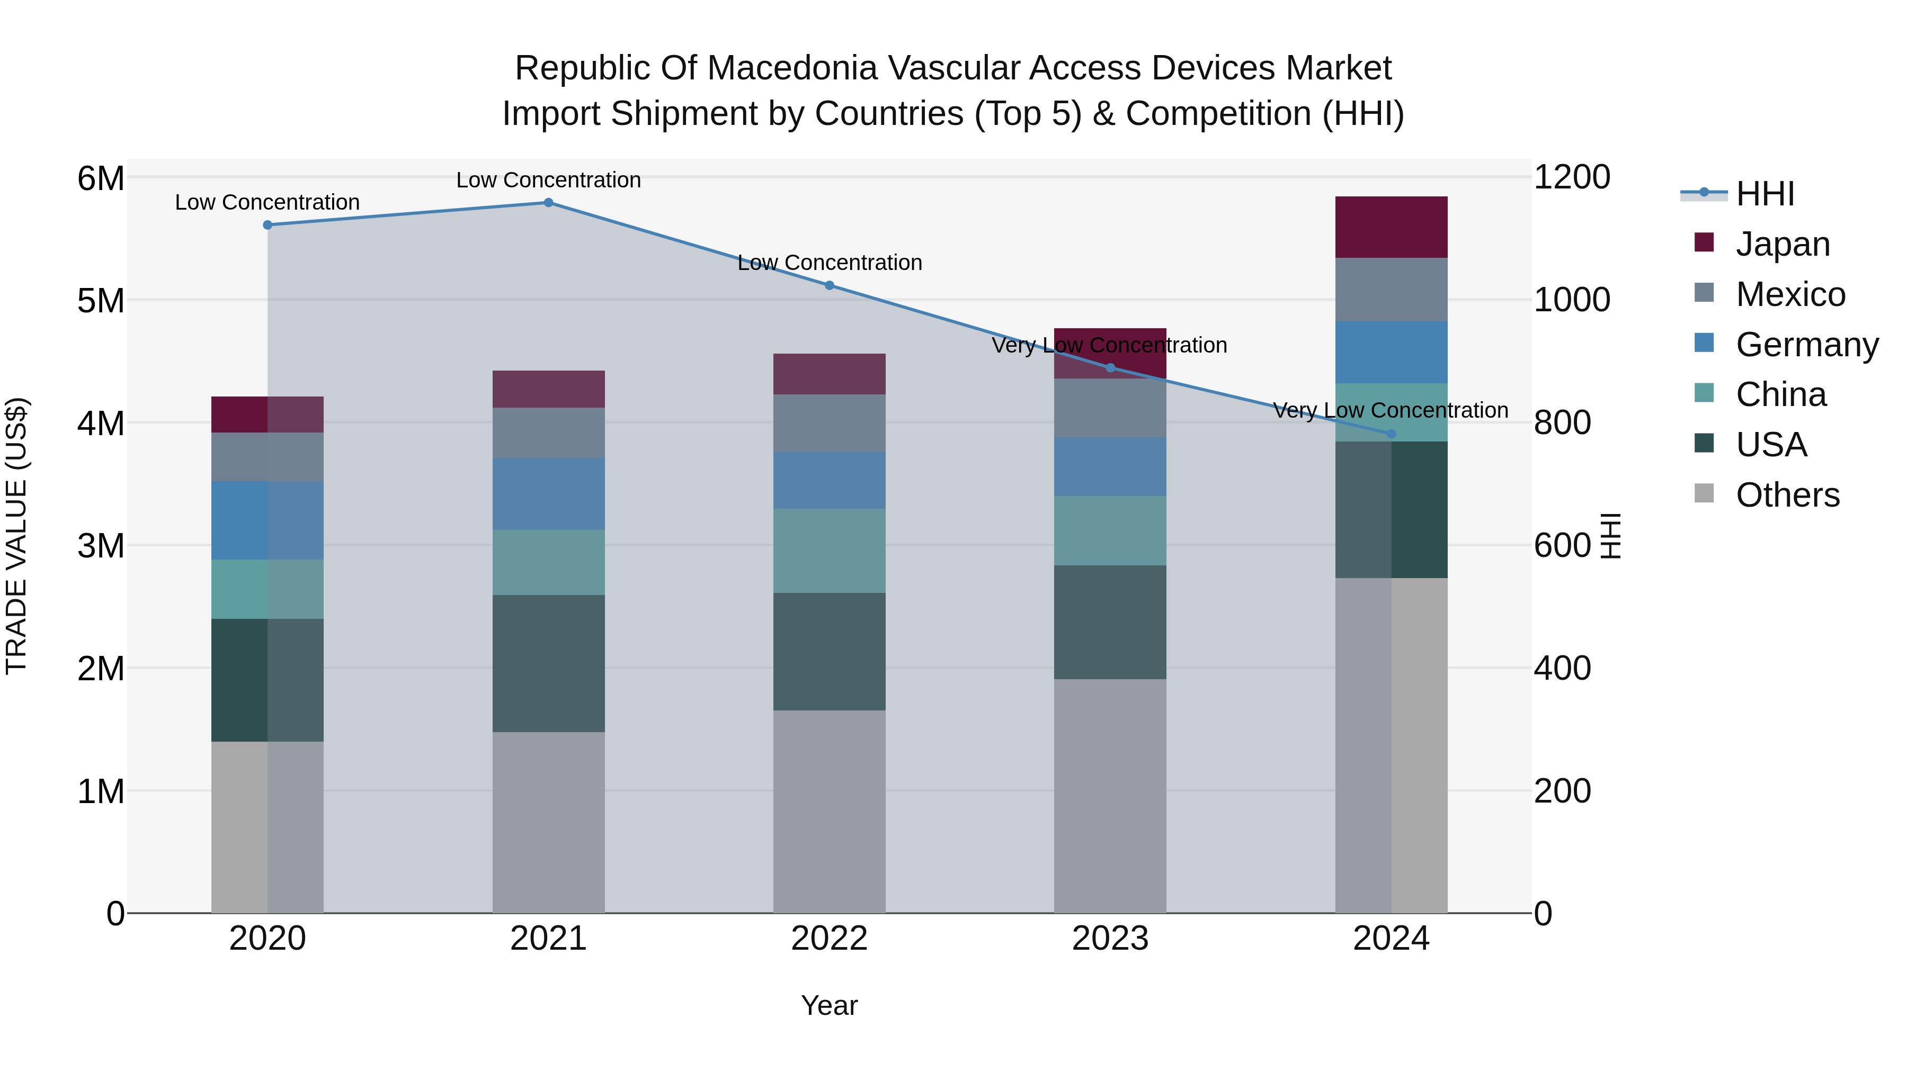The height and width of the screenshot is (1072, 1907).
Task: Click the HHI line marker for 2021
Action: click(549, 203)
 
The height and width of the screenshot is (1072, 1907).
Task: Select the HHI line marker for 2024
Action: click(1391, 434)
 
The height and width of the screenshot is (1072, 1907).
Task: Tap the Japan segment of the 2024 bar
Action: click(1391, 227)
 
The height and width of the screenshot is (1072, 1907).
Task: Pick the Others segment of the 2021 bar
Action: click(549, 822)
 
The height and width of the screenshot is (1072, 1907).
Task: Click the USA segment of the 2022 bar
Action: click(829, 651)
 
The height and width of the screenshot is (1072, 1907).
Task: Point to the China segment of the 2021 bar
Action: click(549, 562)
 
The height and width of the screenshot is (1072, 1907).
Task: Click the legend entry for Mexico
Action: click(1789, 294)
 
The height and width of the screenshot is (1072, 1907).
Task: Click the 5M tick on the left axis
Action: click(101, 300)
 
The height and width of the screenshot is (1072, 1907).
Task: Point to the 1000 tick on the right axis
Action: click(1572, 300)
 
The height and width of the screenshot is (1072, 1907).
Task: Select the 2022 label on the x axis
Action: click(829, 939)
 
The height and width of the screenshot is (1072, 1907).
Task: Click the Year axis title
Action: click(829, 1005)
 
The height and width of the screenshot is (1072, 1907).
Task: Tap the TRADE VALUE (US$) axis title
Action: click(16, 536)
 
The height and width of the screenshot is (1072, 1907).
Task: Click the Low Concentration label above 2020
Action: click(268, 202)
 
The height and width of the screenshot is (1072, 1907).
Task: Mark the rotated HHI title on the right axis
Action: click(1611, 536)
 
